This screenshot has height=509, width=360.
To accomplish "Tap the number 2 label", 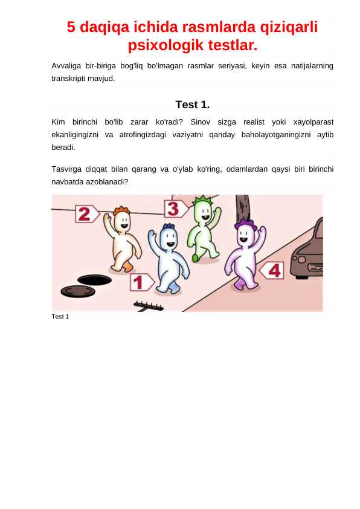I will [x=86, y=213].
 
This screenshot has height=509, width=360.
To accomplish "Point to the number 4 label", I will [x=272, y=270].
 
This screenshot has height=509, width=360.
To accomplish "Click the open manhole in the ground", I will [x=94, y=279].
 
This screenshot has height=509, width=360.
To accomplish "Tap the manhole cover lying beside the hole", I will [x=77, y=291].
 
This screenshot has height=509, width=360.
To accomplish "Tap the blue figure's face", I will [x=169, y=240].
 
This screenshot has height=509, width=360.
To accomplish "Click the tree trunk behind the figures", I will [x=243, y=212].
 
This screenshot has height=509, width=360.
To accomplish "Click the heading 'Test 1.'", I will [x=192, y=105].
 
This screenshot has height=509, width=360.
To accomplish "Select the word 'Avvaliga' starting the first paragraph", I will [x=65, y=65].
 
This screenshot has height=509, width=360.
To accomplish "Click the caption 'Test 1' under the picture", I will [x=60, y=317].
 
